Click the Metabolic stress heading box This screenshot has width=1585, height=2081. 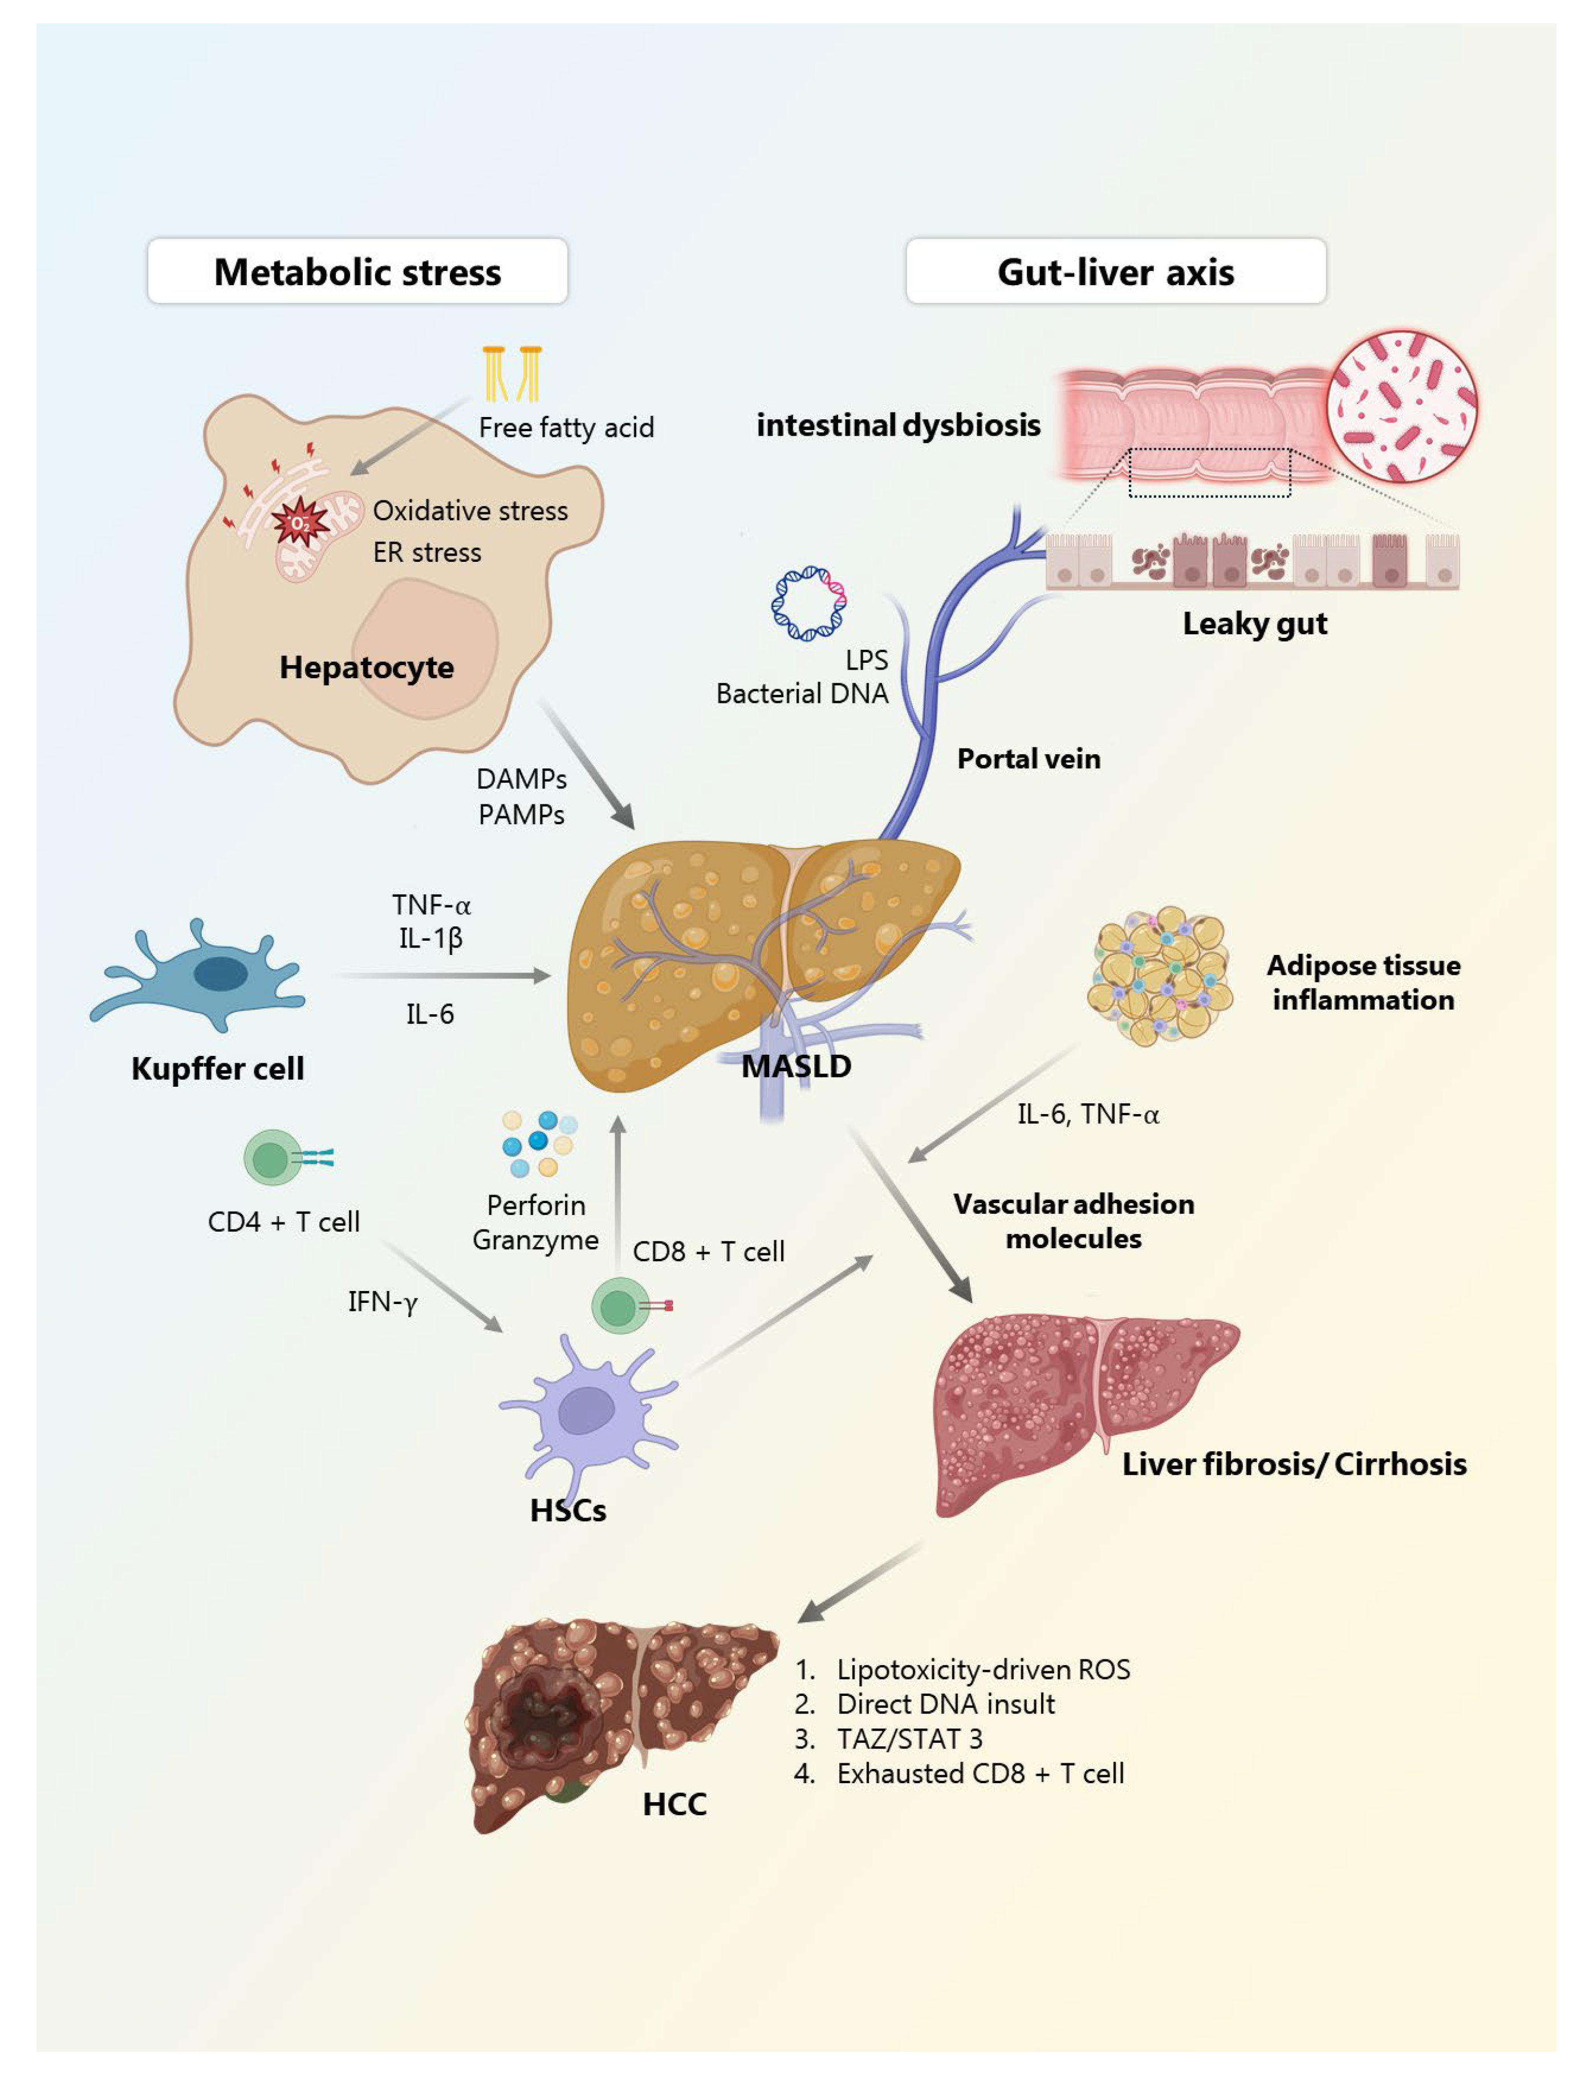coord(357,272)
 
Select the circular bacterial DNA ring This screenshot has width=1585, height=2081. coord(808,604)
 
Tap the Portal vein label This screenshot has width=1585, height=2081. coord(1029,759)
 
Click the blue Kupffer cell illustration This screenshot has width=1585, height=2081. coord(203,977)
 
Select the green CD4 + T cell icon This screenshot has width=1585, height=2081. coord(274,1158)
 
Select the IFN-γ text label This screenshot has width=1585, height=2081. coord(382,1302)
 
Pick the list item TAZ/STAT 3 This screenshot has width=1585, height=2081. coord(909,1738)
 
